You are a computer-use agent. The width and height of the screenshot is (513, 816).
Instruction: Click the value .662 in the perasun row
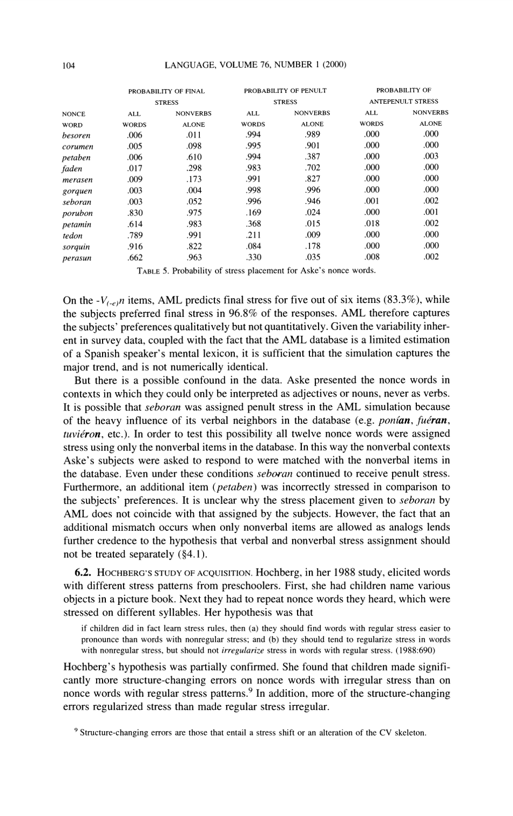click(134, 258)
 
